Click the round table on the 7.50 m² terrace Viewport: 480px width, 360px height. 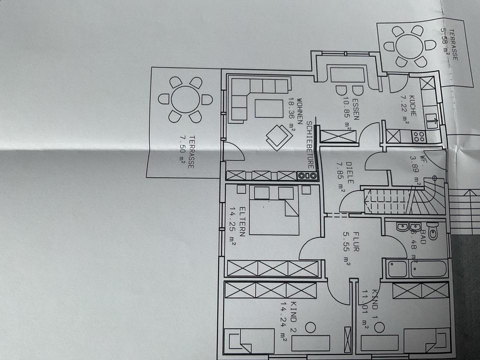click(185, 99)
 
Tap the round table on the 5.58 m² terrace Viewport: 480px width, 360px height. click(409, 46)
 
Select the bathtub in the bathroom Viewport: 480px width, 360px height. click(416, 268)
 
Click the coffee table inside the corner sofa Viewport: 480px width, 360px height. click(268, 108)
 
